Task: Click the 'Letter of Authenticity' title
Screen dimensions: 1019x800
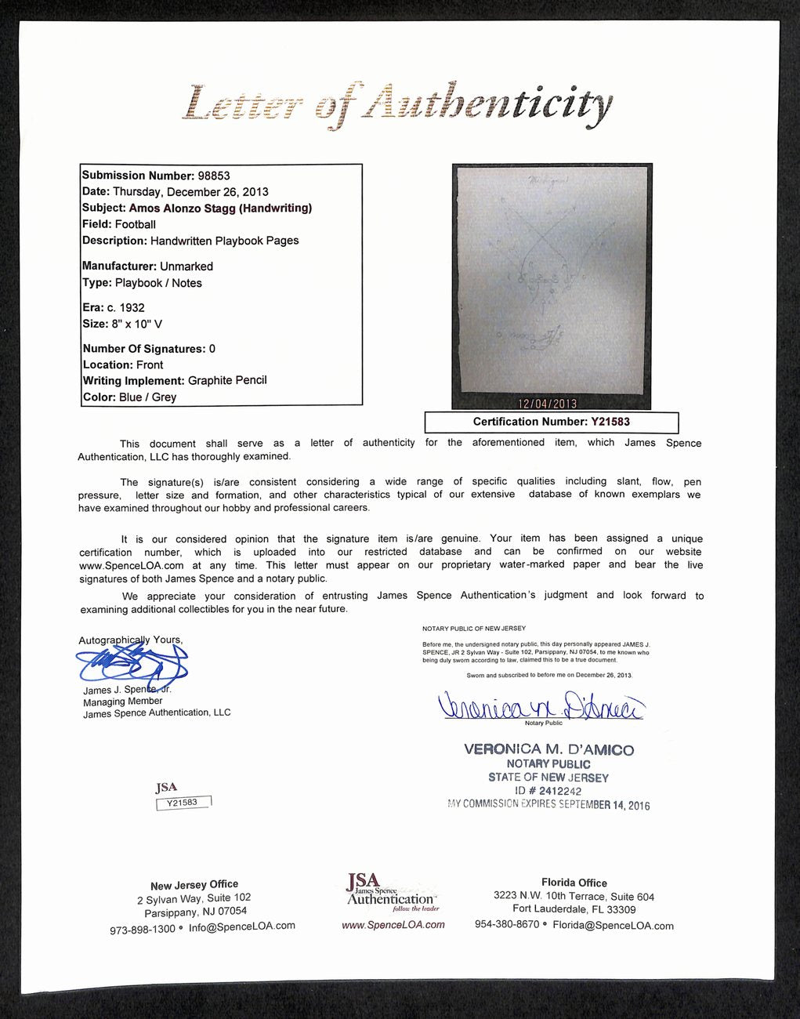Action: (396, 105)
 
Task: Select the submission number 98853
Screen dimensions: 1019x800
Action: (214, 176)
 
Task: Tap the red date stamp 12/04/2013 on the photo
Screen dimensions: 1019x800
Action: (547, 404)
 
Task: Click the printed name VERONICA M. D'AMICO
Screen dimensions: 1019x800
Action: (548, 749)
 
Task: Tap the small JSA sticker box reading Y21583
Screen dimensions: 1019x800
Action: (183, 803)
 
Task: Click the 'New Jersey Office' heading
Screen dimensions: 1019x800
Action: (194, 884)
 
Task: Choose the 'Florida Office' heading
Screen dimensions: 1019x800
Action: (574, 883)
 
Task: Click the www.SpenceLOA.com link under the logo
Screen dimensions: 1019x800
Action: (393, 925)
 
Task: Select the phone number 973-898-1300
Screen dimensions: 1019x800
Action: (142, 928)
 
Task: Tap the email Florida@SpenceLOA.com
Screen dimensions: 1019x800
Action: (613, 926)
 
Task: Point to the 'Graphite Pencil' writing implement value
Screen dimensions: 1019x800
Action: (227, 380)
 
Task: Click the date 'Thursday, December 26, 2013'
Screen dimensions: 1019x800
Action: (190, 192)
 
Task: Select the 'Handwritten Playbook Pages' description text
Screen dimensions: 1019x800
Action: (225, 241)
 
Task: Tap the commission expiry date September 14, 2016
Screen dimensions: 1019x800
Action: (604, 805)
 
